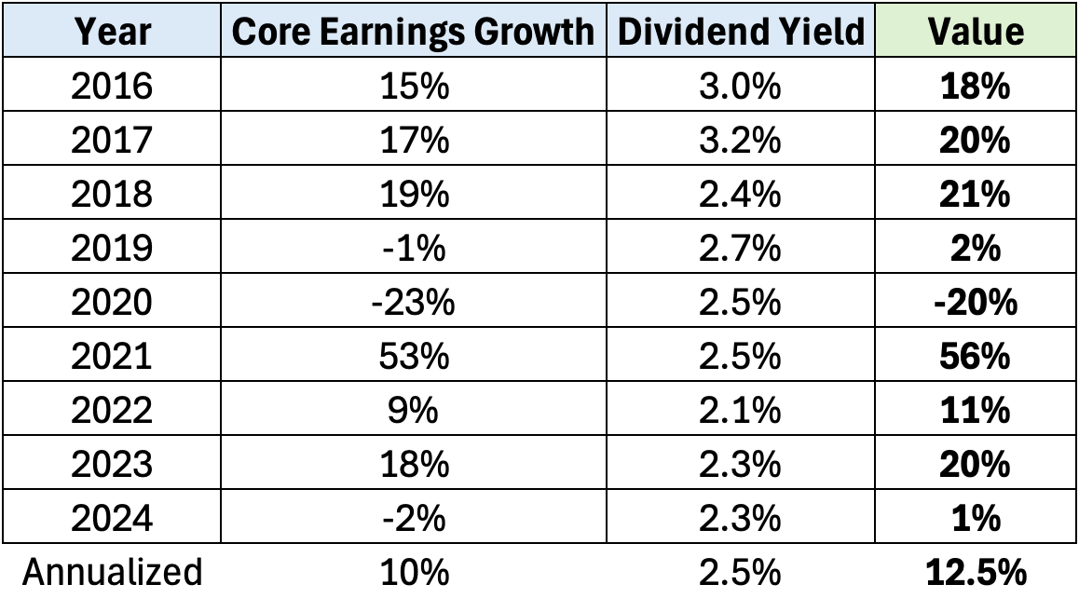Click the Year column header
pyautogui.click(x=113, y=31)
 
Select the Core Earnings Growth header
pyautogui.click(x=413, y=31)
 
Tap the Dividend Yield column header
pyautogui.click(x=741, y=31)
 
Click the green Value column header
pyautogui.click(x=976, y=31)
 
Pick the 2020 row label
pyautogui.click(x=113, y=303)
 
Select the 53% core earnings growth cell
pyautogui.click(x=413, y=357)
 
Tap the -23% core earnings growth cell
pyautogui.click(x=413, y=303)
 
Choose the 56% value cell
pyautogui.click(x=976, y=357)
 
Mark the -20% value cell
pyautogui.click(x=976, y=303)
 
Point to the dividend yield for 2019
pyautogui.click(x=741, y=249)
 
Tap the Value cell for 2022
pyautogui.click(x=976, y=411)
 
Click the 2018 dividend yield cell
pyautogui.click(x=741, y=195)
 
